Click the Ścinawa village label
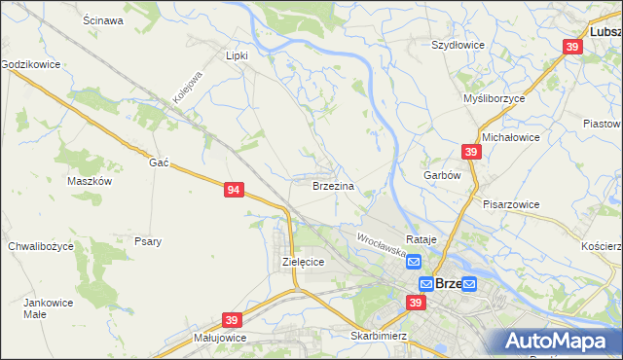[x=103, y=20]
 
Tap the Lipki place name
[x=238, y=55]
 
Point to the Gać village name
[x=160, y=162]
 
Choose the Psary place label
[x=148, y=241]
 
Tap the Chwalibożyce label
[x=41, y=246]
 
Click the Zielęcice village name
[x=303, y=262]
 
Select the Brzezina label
[x=333, y=185]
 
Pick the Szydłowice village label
[x=458, y=45]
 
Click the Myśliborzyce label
[x=494, y=98]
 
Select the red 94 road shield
[x=233, y=190]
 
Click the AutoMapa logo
[x=558, y=342]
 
